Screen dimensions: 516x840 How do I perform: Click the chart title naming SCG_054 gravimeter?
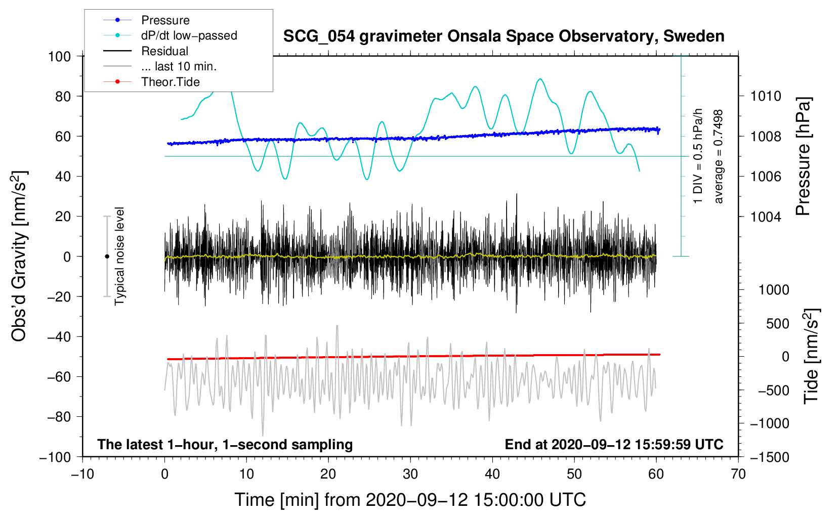coord(503,36)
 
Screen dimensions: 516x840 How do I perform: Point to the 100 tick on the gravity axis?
coord(59,56)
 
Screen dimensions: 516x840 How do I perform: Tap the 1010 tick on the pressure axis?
coord(766,96)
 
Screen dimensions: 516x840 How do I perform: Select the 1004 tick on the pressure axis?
coord(766,217)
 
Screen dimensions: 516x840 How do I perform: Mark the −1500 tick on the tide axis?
coord(769,457)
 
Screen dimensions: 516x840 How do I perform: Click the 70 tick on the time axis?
coord(738,474)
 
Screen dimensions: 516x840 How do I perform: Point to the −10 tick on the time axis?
coord(82,474)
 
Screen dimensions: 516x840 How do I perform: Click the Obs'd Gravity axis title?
coord(19,256)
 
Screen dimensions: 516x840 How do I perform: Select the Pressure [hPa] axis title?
coord(803,157)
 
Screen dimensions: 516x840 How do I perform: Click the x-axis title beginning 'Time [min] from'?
coord(410,500)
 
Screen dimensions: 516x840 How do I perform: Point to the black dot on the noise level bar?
coord(107,256)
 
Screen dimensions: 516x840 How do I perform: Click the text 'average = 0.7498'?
coord(718,157)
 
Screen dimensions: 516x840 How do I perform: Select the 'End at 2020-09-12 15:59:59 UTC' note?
coord(614,444)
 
